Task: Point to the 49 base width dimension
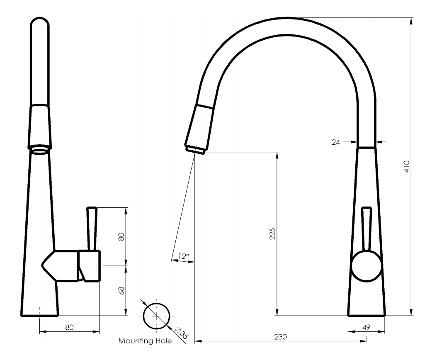point(366,327)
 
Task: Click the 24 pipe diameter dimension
point(335,142)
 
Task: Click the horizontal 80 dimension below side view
point(69,327)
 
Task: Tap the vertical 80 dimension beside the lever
point(121,237)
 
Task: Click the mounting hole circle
point(156,316)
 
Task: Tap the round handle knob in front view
point(366,266)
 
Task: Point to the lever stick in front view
point(367,228)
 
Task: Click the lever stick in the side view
point(92,228)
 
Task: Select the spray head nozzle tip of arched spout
point(195,148)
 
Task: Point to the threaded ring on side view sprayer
point(40,148)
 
